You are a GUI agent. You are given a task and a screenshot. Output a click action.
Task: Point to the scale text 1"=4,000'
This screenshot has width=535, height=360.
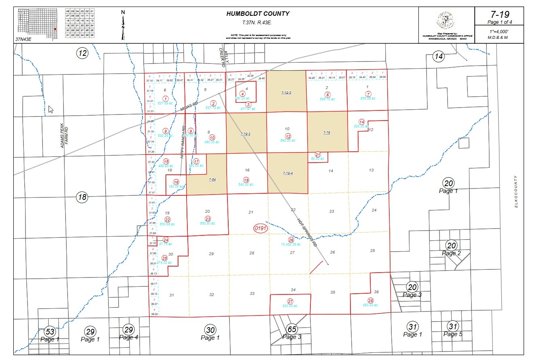pos(499,31)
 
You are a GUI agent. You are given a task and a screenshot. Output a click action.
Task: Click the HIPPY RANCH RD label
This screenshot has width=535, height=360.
pos(183,142)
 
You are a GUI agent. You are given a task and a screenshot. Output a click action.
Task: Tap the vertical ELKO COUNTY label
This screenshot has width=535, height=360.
pos(516,191)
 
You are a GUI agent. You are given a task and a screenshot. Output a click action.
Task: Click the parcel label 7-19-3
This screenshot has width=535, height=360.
pos(286,93)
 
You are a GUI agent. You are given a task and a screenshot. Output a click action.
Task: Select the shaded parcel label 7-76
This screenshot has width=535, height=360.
pos(327,133)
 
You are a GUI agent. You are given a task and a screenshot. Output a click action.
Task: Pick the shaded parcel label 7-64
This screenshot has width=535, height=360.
pos(212,179)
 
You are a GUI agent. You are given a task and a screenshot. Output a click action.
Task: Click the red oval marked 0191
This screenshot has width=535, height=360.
pos(261,229)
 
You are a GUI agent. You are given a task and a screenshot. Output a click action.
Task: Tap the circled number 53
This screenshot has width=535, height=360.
pos(49,331)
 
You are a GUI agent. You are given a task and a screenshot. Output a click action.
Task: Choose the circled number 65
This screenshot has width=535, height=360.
pos(291,328)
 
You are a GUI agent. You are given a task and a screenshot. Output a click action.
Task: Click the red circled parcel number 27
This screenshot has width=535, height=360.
pos(290,301)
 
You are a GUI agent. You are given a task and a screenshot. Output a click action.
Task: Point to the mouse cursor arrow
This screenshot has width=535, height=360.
pos(51,110)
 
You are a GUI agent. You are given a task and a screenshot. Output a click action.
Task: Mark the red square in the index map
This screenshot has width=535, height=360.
pos(55,30)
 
